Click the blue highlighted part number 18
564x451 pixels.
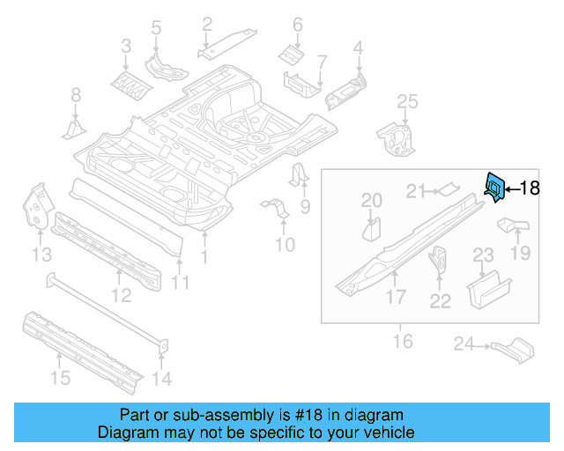[494, 186]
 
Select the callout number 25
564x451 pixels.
[406, 103]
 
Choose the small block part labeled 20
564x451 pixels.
[371, 230]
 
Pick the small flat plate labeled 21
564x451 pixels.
[448, 187]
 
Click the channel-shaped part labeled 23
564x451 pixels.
[486, 290]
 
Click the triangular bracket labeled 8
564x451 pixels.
[74, 129]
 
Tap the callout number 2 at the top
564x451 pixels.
[207, 24]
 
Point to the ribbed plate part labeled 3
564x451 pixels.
[127, 85]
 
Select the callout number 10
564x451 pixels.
[284, 244]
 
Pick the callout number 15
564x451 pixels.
[59, 379]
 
